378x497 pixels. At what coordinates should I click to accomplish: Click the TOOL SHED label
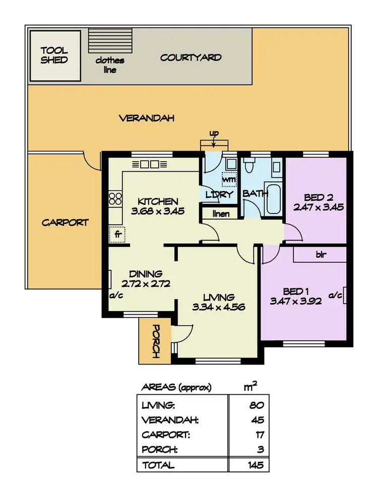point(54,55)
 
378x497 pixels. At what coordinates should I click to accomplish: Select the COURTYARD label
point(191,57)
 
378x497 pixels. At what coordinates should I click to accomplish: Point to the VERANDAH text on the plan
point(147,118)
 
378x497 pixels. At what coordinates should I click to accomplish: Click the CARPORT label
point(65,222)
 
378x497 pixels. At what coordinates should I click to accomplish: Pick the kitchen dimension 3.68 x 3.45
point(158,211)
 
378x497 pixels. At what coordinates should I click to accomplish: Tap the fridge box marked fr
point(117,235)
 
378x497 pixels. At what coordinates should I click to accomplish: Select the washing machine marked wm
point(230,178)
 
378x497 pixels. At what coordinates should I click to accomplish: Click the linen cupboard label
point(221,214)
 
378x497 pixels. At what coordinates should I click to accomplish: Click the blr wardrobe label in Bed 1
point(320,255)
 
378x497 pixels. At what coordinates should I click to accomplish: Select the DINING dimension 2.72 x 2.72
point(145,283)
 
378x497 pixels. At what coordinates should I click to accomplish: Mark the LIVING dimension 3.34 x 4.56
point(218,306)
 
